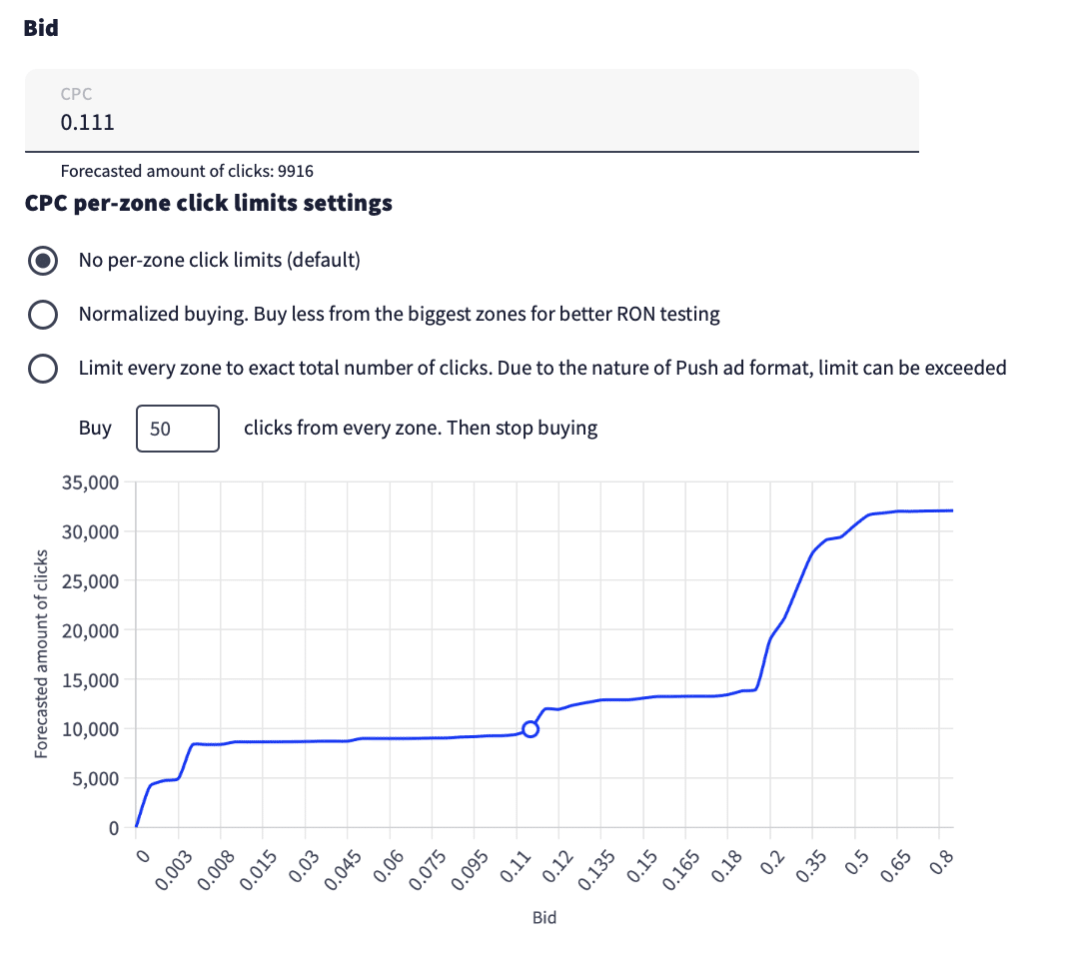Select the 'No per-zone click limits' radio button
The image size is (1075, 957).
[x=42, y=261]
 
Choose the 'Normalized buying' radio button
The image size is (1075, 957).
[x=42, y=315]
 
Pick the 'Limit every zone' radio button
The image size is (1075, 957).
[x=42, y=368]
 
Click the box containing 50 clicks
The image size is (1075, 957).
[x=177, y=429]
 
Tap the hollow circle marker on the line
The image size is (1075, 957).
[x=531, y=728]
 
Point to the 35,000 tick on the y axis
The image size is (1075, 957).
[x=90, y=482]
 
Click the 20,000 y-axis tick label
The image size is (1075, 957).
[x=90, y=630]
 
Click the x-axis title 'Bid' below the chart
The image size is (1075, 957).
[x=543, y=917]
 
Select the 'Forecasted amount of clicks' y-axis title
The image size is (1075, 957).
[x=41, y=653]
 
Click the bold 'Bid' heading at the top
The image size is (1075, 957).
[x=41, y=28]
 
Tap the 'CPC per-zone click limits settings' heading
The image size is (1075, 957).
[x=208, y=204]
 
